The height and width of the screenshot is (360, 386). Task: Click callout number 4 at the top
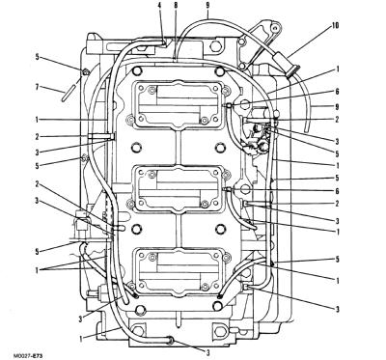point(159,6)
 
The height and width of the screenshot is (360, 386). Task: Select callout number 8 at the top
point(176,6)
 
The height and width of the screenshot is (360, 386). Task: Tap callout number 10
point(335,25)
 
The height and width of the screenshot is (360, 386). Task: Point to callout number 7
point(38,87)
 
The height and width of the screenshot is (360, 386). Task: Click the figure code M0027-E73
point(28,356)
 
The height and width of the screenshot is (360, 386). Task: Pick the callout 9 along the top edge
point(207,6)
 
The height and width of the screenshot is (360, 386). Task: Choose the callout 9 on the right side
point(337,106)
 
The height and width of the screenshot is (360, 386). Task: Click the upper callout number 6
point(337,92)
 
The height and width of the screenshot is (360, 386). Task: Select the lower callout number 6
point(337,191)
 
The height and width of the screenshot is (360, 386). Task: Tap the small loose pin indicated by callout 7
point(69,93)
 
